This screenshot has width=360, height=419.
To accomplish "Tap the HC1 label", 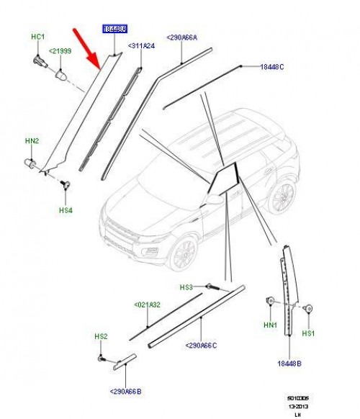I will (37, 36).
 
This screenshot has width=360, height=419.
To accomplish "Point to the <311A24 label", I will (141, 46).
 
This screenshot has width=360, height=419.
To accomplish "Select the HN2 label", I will (32, 142).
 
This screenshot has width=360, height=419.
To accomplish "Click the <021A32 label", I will (149, 305).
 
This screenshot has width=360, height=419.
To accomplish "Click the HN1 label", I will (271, 325).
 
